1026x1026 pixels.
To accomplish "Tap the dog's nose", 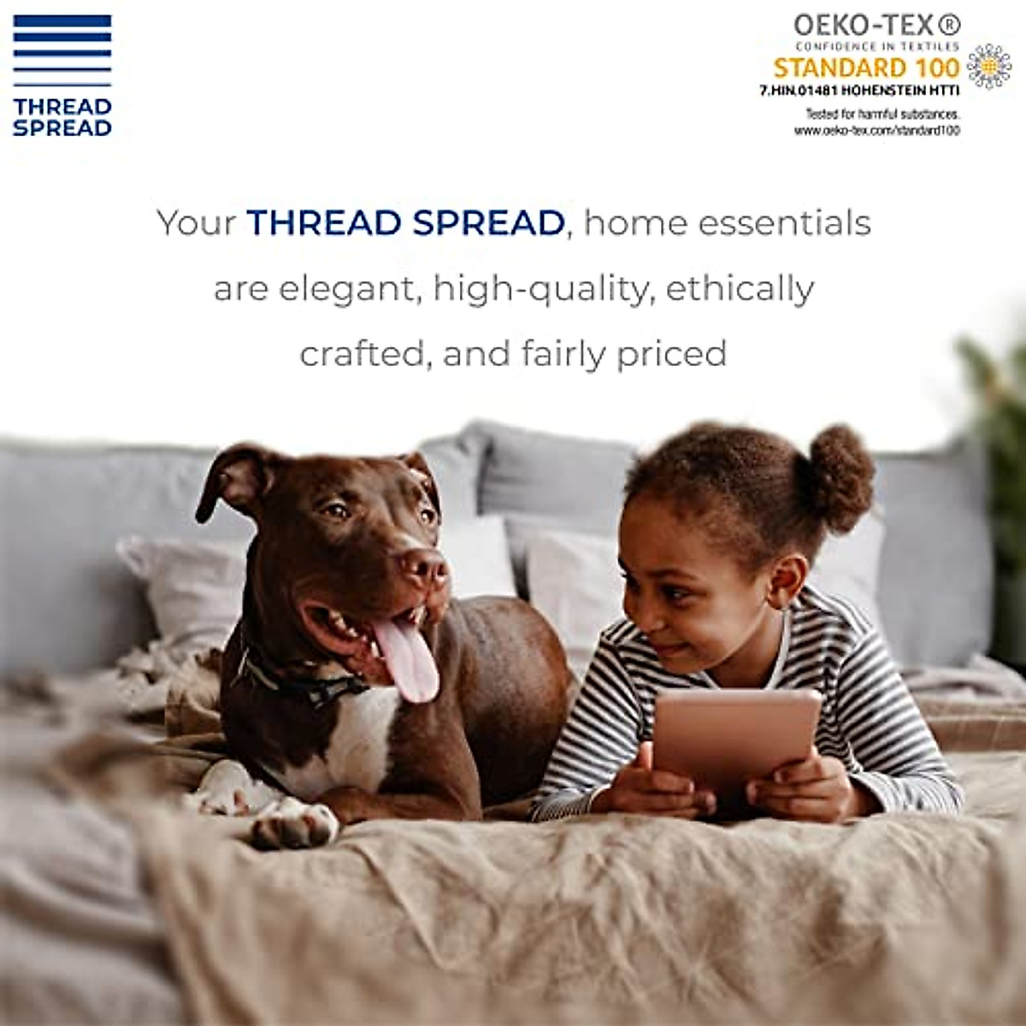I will (x=425, y=567).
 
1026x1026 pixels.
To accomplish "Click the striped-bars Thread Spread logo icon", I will (x=62, y=49).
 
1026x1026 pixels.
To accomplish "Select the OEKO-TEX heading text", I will (x=876, y=24).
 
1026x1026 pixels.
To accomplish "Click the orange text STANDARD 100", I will (x=866, y=67).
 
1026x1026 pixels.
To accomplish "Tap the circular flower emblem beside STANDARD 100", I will (x=988, y=66).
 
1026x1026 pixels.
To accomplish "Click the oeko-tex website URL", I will (x=876, y=130).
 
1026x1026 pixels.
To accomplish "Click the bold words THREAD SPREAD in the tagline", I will (x=405, y=223).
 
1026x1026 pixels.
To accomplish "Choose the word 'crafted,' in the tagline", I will (x=363, y=353).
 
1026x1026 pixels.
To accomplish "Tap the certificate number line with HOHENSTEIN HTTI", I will (x=859, y=90).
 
